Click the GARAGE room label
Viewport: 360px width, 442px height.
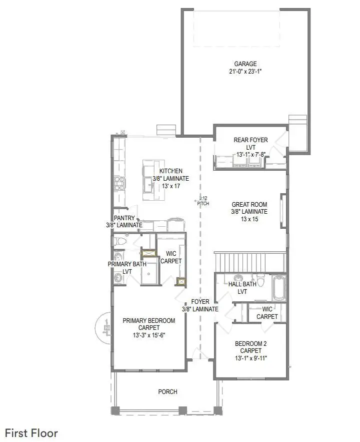click(245, 64)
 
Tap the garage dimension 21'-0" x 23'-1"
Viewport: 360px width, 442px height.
click(245, 72)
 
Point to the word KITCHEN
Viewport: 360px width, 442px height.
click(171, 171)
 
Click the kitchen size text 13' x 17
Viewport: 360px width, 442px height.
click(171, 186)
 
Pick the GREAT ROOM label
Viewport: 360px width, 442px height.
click(249, 204)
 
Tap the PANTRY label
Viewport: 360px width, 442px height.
click(123, 218)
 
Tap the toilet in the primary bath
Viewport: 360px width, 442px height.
click(119, 242)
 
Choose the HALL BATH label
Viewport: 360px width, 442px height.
click(242, 284)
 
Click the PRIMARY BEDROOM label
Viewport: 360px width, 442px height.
click(149, 321)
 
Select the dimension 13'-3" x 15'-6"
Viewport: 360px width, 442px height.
click(149, 335)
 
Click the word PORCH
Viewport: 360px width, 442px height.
click(167, 391)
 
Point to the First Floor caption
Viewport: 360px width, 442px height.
click(31, 433)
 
